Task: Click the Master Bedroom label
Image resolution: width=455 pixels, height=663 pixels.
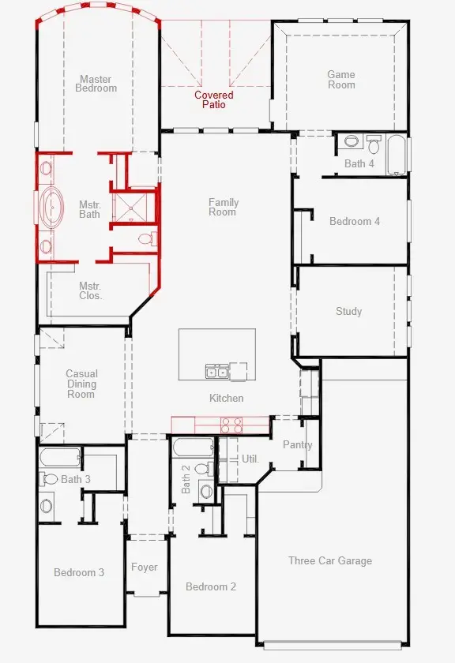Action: point(96,84)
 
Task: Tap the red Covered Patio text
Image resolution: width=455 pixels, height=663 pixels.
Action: point(214,99)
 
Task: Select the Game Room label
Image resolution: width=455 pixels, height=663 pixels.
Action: point(341,80)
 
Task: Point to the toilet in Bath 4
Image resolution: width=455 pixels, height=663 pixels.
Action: point(374,144)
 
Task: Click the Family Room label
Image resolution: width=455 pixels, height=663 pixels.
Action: point(224,207)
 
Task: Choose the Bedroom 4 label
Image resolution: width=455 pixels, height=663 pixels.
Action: point(355,221)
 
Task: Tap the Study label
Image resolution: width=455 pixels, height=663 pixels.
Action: point(348,311)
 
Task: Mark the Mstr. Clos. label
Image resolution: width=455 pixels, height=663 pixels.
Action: point(90,290)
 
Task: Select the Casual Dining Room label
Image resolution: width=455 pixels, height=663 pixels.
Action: point(81,384)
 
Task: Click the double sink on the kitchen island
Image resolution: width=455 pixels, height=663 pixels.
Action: point(217,371)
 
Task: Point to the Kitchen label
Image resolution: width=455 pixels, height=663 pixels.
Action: point(226,399)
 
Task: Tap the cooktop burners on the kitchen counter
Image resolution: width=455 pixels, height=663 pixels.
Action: point(231,425)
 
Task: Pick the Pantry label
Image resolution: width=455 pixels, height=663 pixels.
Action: point(298,444)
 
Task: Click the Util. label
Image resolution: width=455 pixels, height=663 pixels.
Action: point(250,459)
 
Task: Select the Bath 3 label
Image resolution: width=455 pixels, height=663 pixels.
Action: point(76,479)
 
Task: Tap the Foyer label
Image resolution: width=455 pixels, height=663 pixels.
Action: point(145,567)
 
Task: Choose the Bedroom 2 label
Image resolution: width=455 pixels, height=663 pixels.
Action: point(211,586)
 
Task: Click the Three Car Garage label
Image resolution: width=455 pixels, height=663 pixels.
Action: point(330,560)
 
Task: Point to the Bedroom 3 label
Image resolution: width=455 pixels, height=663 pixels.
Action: point(79,572)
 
